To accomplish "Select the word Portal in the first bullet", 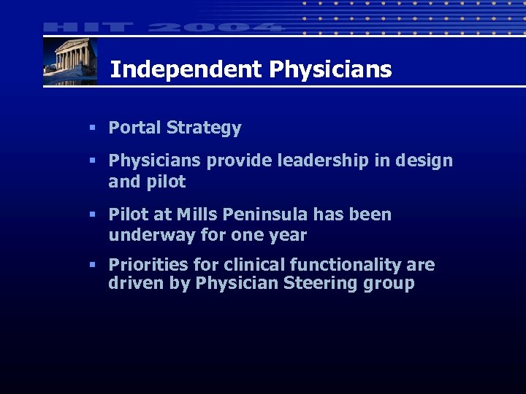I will coord(135,128).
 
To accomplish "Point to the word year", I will coord(287,236).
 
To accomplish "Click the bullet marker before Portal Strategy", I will coord(93,128).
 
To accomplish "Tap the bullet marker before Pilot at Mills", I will coord(93,215).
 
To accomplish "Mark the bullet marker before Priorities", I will coord(93,265).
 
